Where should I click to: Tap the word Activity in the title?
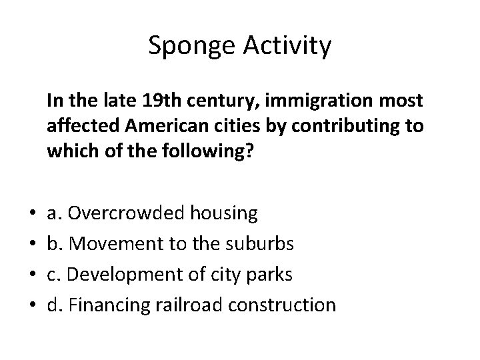(288, 46)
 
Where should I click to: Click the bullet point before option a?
(32, 214)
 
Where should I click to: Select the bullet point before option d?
(32, 305)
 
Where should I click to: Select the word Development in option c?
(129, 275)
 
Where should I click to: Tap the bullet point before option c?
(32, 275)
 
